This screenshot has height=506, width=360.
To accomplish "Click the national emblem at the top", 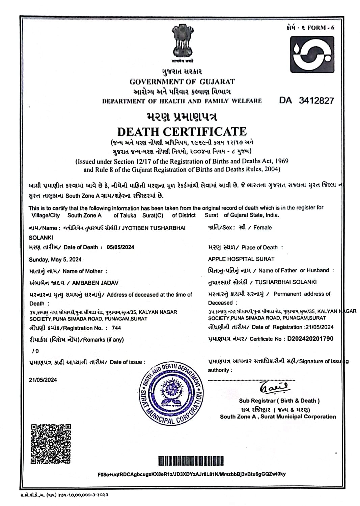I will point(182,42).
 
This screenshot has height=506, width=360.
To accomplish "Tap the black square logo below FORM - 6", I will point(312,55).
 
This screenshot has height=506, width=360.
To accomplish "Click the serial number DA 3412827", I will point(306,101).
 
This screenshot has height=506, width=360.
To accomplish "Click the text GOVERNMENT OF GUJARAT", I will point(182,82).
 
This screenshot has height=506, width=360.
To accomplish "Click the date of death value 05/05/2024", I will point(120,247).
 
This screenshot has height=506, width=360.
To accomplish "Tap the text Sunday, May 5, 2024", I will point(55,259).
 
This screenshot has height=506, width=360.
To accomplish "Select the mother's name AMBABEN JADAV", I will point(95,283).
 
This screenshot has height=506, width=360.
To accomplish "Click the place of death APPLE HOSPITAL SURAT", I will point(241,259).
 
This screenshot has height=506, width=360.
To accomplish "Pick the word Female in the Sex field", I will point(262,228).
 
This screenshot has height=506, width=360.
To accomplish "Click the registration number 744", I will point(116,328).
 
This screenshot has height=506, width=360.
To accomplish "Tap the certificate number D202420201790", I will point(310,339).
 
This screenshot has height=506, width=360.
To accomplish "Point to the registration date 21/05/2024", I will point(319,327).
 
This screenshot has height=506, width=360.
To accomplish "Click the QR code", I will point(51,444).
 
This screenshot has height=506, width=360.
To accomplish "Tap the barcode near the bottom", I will point(191,461).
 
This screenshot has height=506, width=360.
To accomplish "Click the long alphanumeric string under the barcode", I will point(191,474).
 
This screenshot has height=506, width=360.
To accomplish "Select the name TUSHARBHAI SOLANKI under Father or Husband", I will point(286,282).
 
